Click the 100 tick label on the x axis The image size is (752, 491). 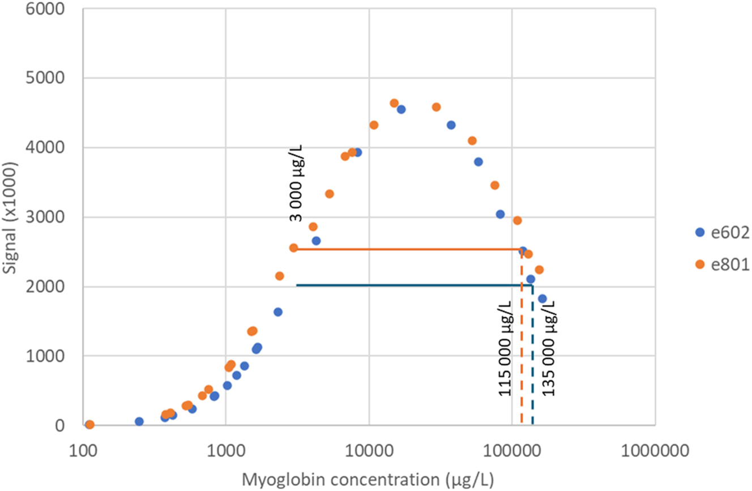(83, 451)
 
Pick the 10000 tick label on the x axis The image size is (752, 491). (369, 451)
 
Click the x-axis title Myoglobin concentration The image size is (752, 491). (368, 480)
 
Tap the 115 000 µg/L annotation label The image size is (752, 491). (505, 349)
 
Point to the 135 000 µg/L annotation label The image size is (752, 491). (548, 349)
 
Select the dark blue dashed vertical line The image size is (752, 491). (532, 357)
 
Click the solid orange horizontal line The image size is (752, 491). (408, 249)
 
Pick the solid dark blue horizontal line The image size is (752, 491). (413, 285)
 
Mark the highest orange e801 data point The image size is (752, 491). (395, 103)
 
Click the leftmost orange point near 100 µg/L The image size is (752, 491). (89, 425)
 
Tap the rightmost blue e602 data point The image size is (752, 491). (542, 298)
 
